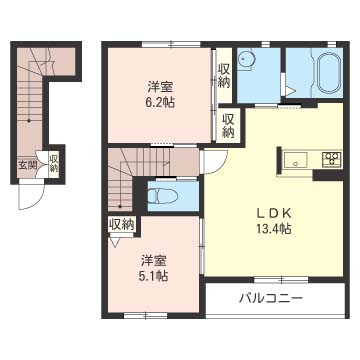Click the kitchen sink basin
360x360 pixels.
click(x=297, y=160)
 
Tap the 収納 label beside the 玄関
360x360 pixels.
click(x=53, y=161)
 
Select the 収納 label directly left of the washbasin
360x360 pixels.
click(x=224, y=75)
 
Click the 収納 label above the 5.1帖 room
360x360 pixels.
click(x=121, y=225)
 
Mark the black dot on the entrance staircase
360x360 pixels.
click(x=44, y=120)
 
